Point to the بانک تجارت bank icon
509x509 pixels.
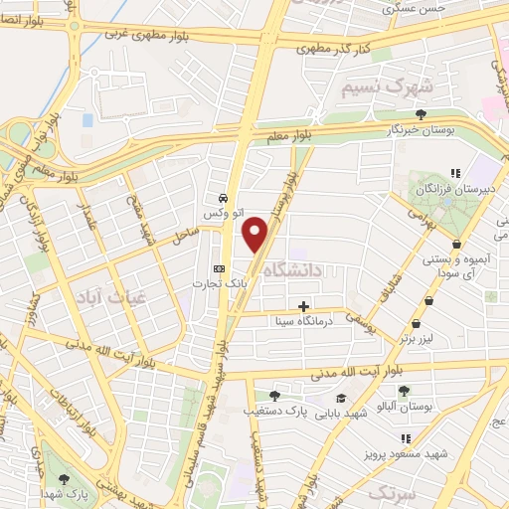[220, 269]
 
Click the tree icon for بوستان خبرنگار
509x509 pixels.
[422, 113]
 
